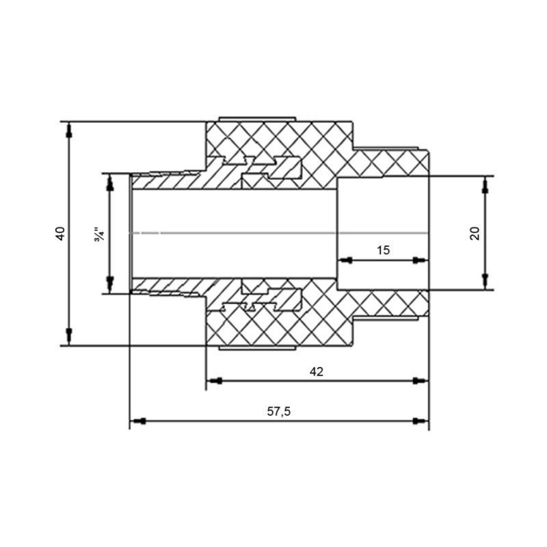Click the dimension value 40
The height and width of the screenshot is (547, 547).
pos(61,233)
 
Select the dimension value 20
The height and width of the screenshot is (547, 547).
pos(475,232)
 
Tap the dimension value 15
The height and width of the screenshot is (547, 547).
pos(383,250)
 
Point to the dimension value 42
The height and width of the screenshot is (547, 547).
pos(316,371)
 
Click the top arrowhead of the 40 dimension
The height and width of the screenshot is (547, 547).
pos(69,131)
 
